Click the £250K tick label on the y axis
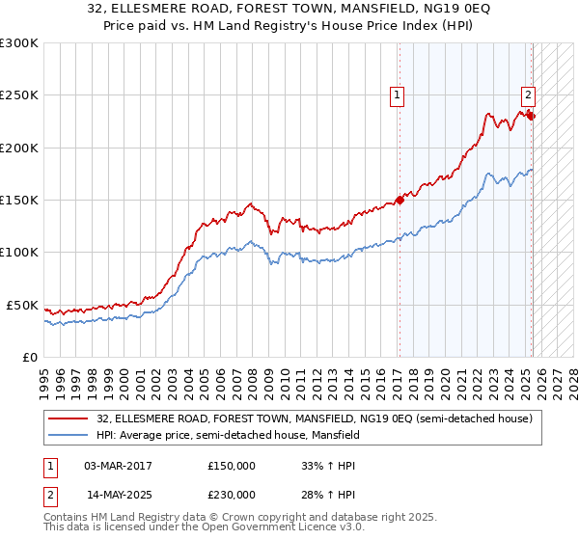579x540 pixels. point(19,95)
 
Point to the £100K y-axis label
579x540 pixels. point(19,253)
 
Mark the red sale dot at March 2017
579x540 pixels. point(400,201)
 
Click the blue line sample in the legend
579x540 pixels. point(69,436)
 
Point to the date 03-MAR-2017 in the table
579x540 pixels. point(118,466)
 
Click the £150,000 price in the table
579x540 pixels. point(232,466)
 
